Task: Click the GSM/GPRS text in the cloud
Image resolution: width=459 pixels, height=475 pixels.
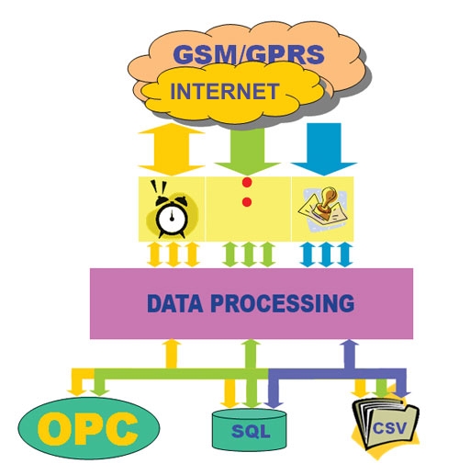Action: point(248,55)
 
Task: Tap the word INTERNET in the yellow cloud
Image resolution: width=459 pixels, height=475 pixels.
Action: point(224,91)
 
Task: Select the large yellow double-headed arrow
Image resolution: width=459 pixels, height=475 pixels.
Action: point(172,150)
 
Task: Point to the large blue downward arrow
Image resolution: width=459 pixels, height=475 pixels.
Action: point(324,149)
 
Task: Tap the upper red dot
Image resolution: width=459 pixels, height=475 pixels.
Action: point(247,182)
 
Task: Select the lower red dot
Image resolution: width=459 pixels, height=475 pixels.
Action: point(247,202)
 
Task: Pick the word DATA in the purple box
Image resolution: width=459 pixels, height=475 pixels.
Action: point(174,303)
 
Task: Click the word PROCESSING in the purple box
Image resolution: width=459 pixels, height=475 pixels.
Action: point(282,303)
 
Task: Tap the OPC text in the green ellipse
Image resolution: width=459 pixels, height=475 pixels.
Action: point(87,428)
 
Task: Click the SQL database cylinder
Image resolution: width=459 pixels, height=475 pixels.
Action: point(250,430)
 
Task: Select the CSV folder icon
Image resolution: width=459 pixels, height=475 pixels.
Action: point(386,424)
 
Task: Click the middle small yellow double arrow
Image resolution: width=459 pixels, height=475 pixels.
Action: point(174,254)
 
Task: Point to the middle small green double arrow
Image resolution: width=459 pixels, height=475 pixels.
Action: point(249,254)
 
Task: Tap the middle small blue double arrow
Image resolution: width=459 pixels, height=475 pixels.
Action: point(326,254)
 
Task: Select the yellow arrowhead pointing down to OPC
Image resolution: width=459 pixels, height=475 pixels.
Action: point(76,392)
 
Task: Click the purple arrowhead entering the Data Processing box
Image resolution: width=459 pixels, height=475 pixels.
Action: point(350,343)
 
